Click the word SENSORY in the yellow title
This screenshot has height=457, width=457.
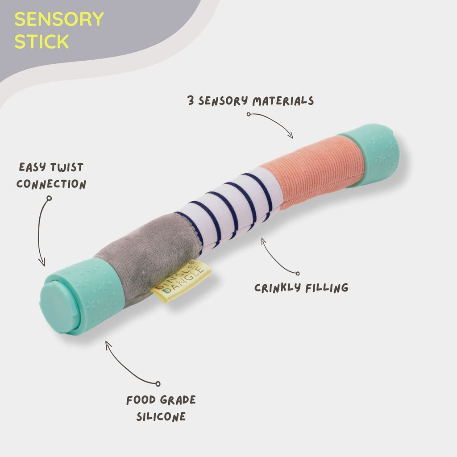tap(59, 20)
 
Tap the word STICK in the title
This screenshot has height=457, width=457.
tap(42, 41)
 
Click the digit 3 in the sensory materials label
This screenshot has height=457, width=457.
tap(191, 101)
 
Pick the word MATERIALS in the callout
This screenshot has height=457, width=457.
tap(283, 101)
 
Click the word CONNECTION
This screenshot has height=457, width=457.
tap(51, 184)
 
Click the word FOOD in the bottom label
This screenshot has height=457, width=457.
tap(141, 400)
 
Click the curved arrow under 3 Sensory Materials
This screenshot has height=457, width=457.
tap(272, 123)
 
